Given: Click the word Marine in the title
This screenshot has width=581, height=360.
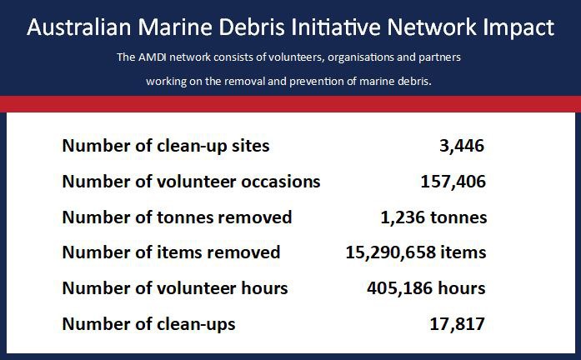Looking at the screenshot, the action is (x=175, y=27).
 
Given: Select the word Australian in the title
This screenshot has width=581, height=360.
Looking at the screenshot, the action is (x=79, y=27).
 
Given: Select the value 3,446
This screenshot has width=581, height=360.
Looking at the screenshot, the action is (x=462, y=146).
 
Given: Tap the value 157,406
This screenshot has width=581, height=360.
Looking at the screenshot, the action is (x=453, y=182).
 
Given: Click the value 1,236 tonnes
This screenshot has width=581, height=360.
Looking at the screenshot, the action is (x=434, y=217).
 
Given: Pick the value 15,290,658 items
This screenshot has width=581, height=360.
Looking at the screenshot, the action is (x=416, y=252).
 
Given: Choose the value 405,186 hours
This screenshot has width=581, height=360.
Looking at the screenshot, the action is (x=426, y=288).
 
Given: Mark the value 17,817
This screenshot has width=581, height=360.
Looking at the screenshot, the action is (x=458, y=324).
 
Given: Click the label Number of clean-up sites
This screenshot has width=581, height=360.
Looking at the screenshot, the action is (x=166, y=146).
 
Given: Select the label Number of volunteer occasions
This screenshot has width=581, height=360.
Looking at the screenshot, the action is (x=191, y=182).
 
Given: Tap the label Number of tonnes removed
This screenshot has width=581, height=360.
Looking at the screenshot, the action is (x=177, y=217).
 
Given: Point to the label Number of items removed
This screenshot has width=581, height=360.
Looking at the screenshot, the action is (x=171, y=252).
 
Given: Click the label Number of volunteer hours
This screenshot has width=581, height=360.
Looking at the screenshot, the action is (x=175, y=288).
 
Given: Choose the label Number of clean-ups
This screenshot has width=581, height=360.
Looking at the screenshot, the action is (x=149, y=324).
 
